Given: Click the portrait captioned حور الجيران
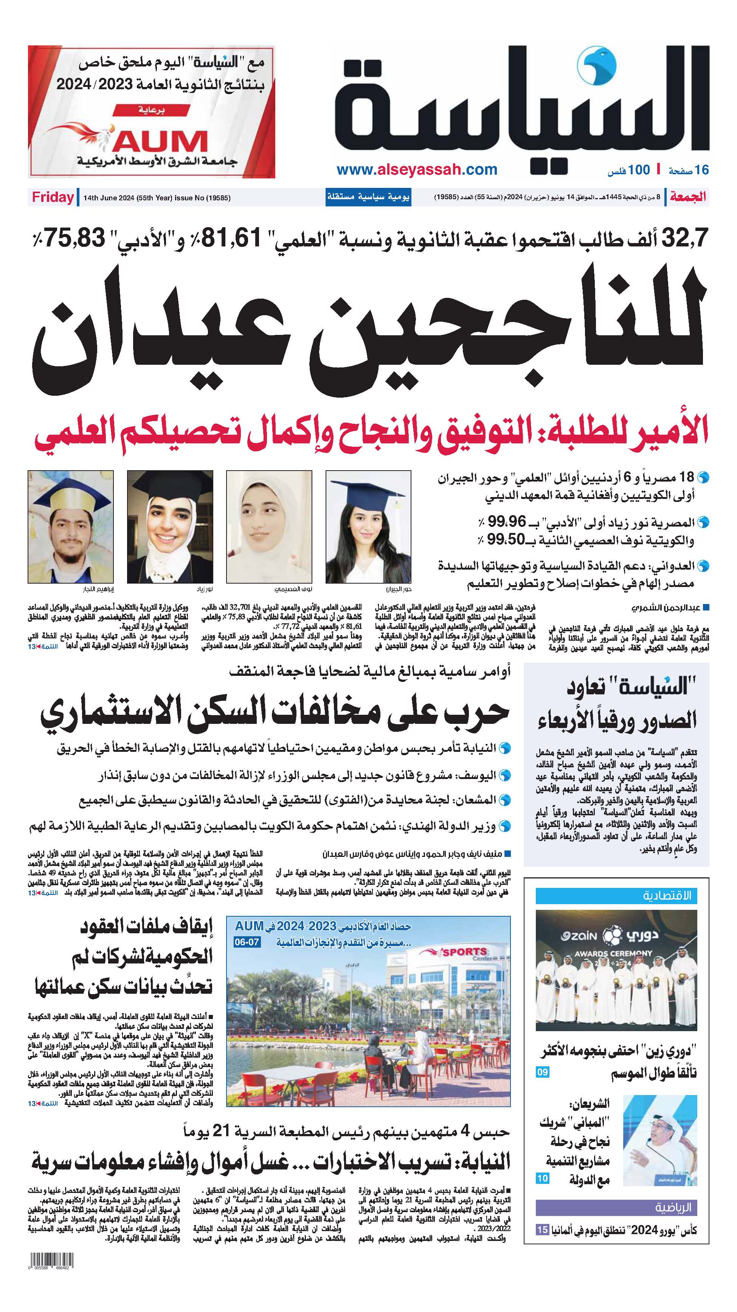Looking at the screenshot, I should (x=368, y=527).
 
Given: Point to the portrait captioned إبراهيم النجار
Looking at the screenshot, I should (x=70, y=527).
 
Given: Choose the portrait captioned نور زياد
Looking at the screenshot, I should (x=170, y=527).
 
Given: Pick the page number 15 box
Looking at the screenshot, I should (x=542, y=1230).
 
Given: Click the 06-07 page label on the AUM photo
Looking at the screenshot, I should (x=247, y=942).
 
